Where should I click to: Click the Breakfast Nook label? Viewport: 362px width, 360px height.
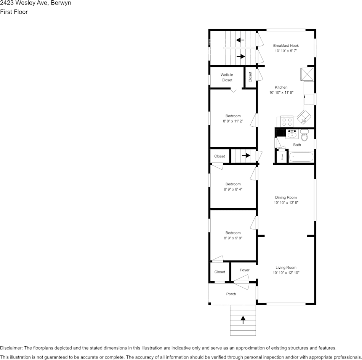point(286,46)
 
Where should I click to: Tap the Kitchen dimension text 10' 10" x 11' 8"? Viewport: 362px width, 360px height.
point(281,92)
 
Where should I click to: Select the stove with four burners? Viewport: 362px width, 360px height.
point(287,122)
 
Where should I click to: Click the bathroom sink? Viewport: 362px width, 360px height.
point(292,134)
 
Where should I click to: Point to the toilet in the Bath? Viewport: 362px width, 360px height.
point(304,135)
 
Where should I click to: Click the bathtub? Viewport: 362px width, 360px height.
point(301,157)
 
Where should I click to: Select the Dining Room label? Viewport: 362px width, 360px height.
point(286,198)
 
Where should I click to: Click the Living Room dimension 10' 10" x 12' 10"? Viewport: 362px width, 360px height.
point(286,273)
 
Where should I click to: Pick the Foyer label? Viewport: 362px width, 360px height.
point(245,270)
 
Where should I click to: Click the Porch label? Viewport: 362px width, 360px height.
point(231,294)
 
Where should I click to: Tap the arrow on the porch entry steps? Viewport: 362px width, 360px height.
point(243,320)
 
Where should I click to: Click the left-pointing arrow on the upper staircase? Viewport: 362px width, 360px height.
point(240,40)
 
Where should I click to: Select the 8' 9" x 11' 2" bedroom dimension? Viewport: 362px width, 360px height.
point(233,121)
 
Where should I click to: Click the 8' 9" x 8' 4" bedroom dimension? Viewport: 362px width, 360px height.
point(233,189)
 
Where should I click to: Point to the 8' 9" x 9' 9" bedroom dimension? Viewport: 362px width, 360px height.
point(233,238)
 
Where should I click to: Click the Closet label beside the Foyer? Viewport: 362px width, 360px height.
point(219,272)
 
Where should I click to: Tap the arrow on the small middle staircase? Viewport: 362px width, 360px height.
point(246,155)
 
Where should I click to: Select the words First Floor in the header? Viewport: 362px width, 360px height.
point(14,12)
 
